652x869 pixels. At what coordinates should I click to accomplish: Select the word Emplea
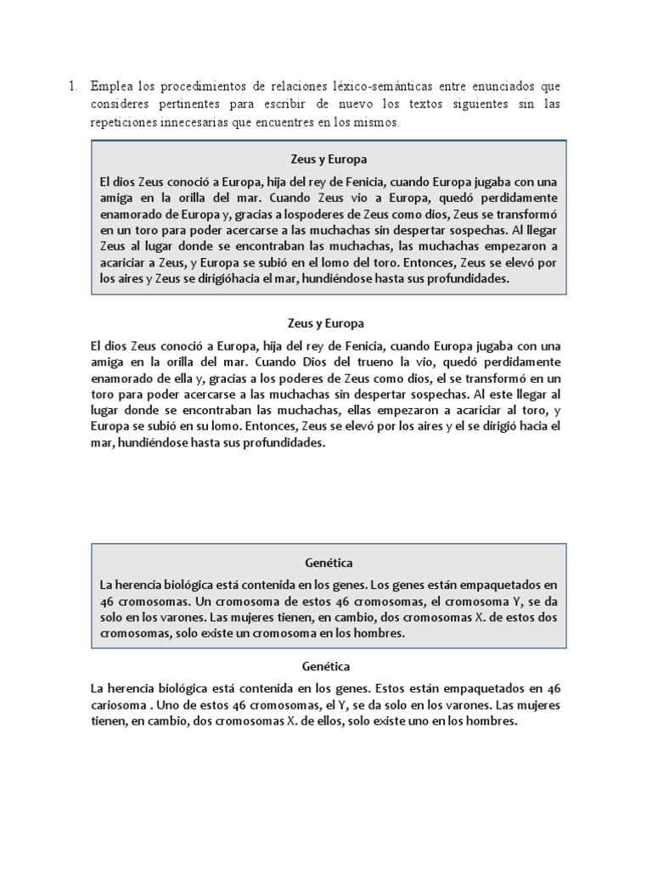click(110, 86)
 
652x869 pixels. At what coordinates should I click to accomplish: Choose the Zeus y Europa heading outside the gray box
click(327, 323)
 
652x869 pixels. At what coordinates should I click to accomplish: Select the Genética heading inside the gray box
click(328, 563)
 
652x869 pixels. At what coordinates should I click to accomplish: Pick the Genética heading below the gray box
click(326, 666)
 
